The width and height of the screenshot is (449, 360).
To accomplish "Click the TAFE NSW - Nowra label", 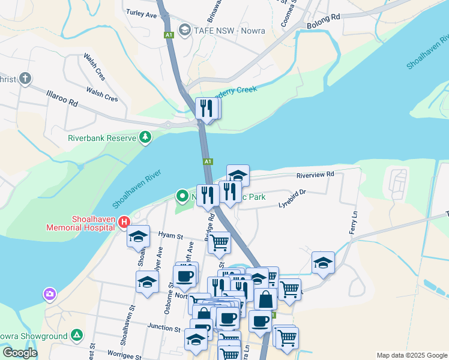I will (225, 29).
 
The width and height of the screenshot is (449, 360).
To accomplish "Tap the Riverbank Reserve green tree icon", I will (145, 138).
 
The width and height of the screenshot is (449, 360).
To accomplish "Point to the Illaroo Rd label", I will (62, 98).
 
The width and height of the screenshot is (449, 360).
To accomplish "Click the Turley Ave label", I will (142, 12).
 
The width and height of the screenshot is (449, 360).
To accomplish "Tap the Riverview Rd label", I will (315, 175).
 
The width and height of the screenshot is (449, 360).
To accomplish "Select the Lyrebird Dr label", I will (292, 198).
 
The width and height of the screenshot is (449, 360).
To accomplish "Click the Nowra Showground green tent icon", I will (76, 335).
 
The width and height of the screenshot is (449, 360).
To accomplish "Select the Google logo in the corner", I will (19, 353).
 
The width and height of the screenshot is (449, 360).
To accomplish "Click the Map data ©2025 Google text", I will (412, 355).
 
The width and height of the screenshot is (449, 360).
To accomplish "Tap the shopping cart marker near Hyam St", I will (220, 242).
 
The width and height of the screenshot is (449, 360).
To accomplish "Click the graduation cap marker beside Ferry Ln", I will (323, 262).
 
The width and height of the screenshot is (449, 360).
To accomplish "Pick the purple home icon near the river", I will (49, 294).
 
